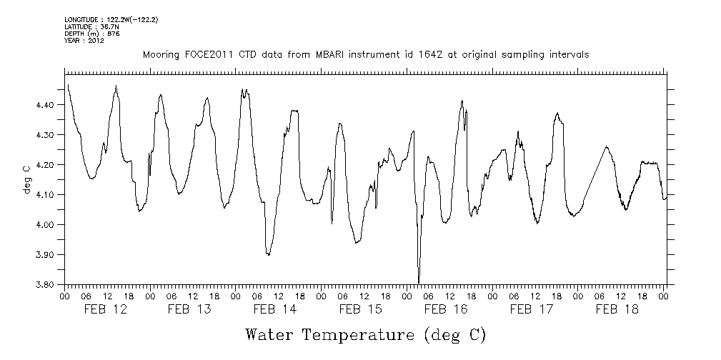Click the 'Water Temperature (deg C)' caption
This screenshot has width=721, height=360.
(365, 334)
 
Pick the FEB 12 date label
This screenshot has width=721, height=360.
(105, 309)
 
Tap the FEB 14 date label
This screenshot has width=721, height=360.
(275, 309)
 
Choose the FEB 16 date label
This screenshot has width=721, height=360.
(446, 309)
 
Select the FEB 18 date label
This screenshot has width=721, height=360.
(617, 309)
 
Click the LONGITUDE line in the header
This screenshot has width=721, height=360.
(111, 19)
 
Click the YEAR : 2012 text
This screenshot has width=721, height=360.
(84, 41)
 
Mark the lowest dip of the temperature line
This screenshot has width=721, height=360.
(419, 281)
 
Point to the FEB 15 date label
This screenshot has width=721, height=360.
(360, 309)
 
